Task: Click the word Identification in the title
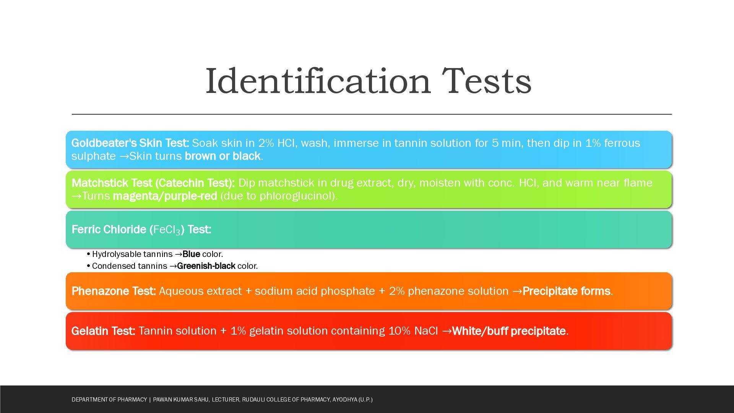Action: [x=318, y=81]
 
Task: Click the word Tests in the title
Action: [x=487, y=81]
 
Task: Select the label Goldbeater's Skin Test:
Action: [x=130, y=143]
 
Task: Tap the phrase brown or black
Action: [x=222, y=156]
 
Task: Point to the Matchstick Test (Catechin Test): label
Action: [x=153, y=183]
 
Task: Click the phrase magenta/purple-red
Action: [x=165, y=196]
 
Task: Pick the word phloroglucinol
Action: [x=295, y=196]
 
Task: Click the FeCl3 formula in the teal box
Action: [x=167, y=230]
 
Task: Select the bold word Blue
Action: [x=191, y=254]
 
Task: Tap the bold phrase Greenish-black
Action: [x=206, y=266]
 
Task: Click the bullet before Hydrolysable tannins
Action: [x=89, y=254]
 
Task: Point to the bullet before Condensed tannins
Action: [x=89, y=266]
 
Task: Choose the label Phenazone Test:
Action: [x=114, y=291]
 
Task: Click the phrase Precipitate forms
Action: [x=566, y=291]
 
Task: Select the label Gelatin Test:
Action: [x=103, y=331]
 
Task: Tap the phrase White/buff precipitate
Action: [x=509, y=331]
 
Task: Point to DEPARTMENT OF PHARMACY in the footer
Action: [x=109, y=400]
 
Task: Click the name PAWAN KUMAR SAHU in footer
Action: [x=181, y=400]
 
